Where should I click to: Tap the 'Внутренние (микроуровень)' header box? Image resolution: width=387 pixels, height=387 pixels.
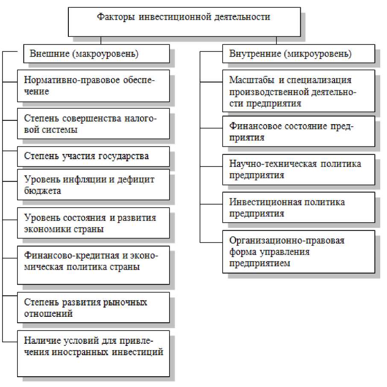click(298, 55)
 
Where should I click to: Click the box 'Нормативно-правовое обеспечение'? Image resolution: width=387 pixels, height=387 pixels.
click(94, 86)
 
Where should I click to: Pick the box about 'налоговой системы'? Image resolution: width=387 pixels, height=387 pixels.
click(94, 124)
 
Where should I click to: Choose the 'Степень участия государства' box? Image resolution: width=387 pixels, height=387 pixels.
click(94, 156)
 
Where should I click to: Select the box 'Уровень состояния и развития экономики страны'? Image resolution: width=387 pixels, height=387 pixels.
click(94, 223)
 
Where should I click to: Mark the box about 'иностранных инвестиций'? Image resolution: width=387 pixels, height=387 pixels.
click(94, 353)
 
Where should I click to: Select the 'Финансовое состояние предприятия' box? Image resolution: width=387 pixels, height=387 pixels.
click(298, 131)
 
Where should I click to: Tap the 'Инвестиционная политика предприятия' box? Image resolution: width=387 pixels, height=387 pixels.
click(298, 207)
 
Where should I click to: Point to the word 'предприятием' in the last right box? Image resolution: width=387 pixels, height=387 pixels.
click(259, 263)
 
